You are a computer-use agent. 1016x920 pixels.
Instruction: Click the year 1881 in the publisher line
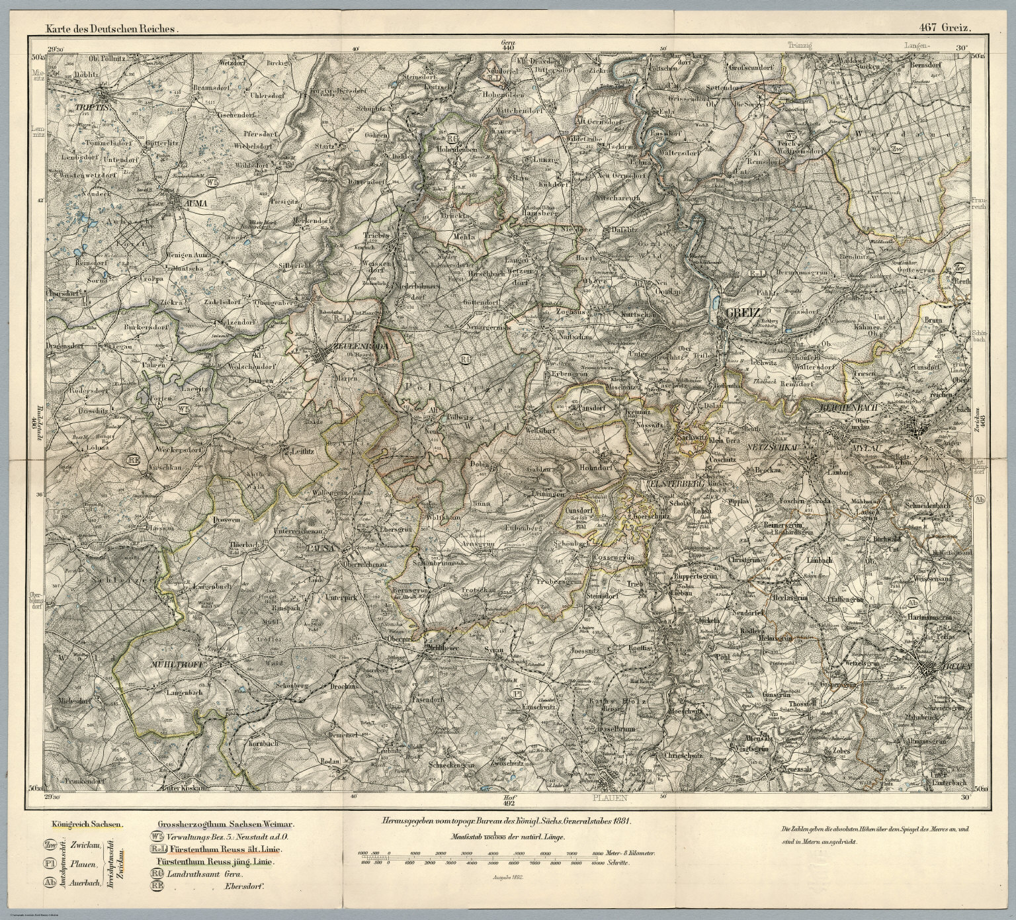(x=622, y=820)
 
